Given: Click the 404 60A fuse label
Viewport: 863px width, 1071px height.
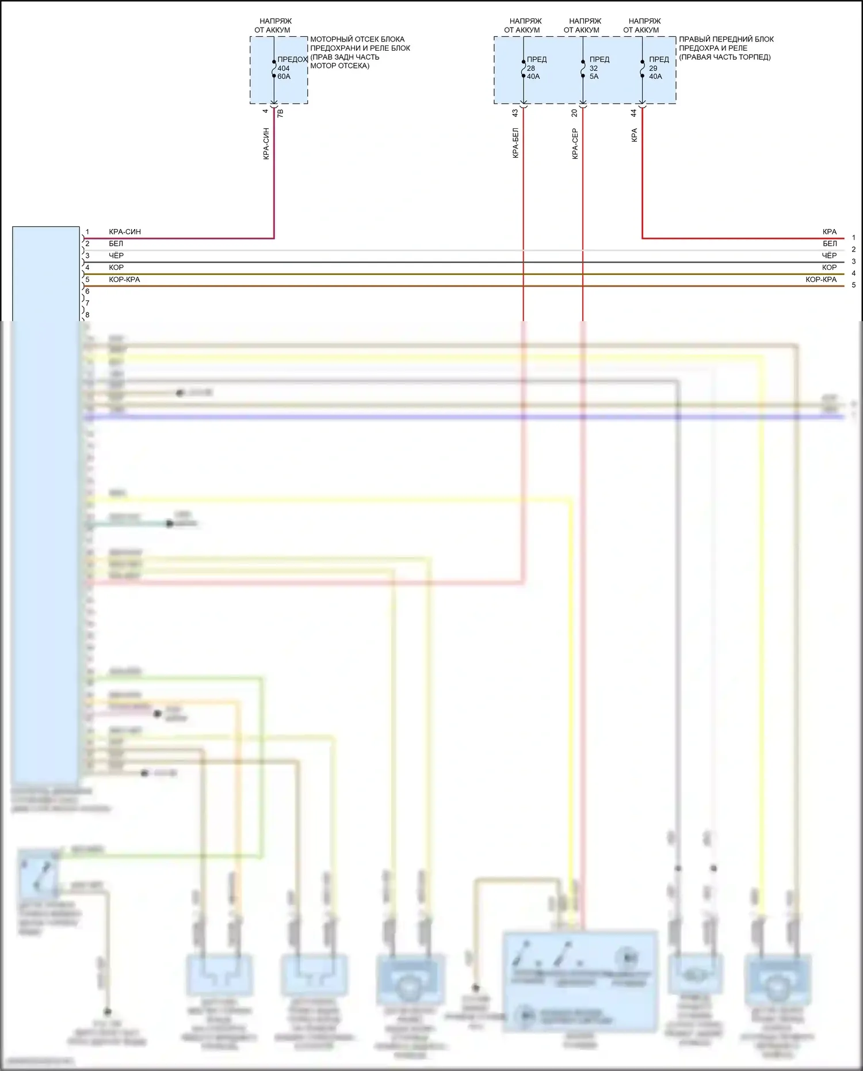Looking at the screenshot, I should [284, 72].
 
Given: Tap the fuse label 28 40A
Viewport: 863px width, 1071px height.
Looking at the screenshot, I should [533, 72].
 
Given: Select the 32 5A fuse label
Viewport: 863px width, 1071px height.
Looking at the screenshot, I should [594, 72].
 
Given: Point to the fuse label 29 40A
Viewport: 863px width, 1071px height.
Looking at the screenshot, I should [655, 72].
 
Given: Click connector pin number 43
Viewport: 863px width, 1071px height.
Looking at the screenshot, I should [515, 113].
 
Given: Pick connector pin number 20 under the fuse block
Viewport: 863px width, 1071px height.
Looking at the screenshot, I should [575, 113].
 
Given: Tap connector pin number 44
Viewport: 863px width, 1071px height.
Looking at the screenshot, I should [634, 113].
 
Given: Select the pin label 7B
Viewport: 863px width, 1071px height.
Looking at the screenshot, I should [281, 113].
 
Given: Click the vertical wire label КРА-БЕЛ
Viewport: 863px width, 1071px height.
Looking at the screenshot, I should [515, 143].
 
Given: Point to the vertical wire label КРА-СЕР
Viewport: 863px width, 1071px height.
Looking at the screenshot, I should [575, 143].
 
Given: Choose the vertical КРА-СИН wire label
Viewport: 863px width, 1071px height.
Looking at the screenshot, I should [266, 143].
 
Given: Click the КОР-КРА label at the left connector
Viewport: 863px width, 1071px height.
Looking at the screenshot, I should [124, 280].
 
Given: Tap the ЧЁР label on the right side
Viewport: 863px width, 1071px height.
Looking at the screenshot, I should [829, 256].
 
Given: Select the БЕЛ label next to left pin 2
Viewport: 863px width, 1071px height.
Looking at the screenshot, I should [116, 243].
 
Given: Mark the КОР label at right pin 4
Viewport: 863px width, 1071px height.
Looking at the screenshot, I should [829, 268].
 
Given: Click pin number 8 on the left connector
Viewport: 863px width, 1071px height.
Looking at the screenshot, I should [87, 315].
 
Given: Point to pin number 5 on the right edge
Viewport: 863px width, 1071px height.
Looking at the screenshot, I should [854, 285].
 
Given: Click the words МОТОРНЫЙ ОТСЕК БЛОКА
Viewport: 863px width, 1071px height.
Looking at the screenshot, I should [357, 39].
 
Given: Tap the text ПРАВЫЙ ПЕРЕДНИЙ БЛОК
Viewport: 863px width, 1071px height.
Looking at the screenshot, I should [726, 39].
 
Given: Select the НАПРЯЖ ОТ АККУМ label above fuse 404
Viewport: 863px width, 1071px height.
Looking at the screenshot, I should [274, 25].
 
